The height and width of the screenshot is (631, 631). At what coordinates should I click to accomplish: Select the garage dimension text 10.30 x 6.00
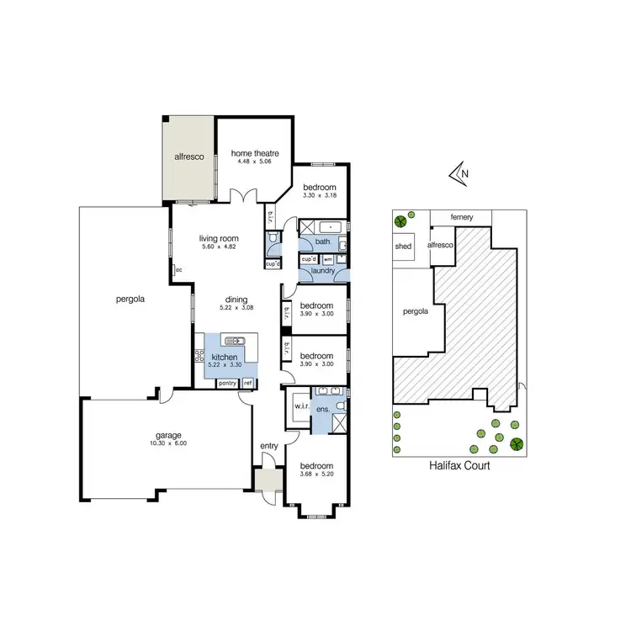(x=167, y=443)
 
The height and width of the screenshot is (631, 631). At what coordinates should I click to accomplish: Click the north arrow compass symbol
(x=460, y=174)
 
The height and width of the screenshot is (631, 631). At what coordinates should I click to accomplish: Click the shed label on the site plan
(x=403, y=247)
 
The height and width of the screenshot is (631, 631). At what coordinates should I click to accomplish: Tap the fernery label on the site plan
(x=460, y=218)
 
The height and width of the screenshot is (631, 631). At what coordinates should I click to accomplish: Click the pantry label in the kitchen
(x=227, y=384)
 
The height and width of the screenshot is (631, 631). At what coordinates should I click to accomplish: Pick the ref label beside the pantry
(x=247, y=384)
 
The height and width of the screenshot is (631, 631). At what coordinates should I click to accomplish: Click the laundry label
(x=323, y=271)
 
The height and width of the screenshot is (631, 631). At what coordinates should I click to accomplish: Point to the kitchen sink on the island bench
(x=234, y=340)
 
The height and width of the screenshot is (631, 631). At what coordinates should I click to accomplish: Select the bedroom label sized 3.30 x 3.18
(x=320, y=187)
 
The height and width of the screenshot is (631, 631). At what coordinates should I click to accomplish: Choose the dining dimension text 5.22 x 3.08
(x=236, y=307)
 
